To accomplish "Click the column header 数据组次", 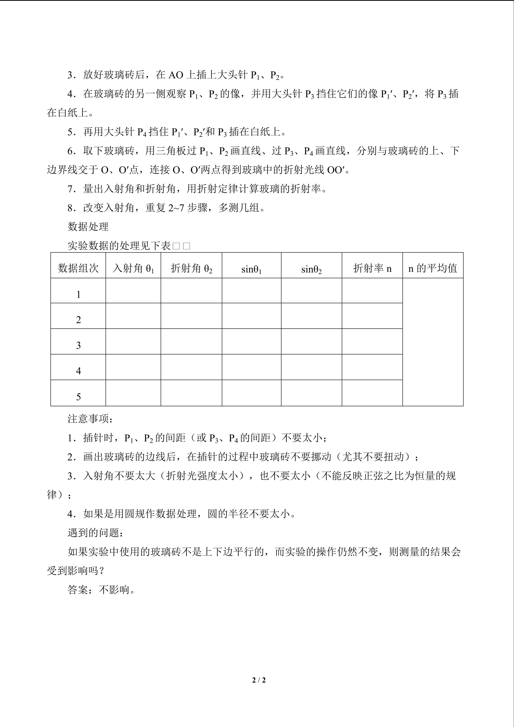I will click(78, 268).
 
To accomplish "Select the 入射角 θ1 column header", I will click(133, 268).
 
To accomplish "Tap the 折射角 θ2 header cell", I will click(191, 268).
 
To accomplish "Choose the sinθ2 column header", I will click(312, 269).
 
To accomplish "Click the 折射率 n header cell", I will click(372, 268).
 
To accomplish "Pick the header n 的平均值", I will click(433, 268).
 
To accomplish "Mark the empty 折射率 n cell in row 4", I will click(372, 367).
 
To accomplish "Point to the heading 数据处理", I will click(88, 227).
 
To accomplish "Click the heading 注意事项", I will click(90, 419).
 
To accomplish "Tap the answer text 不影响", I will click(117, 590).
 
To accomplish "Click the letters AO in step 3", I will click(176, 75).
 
